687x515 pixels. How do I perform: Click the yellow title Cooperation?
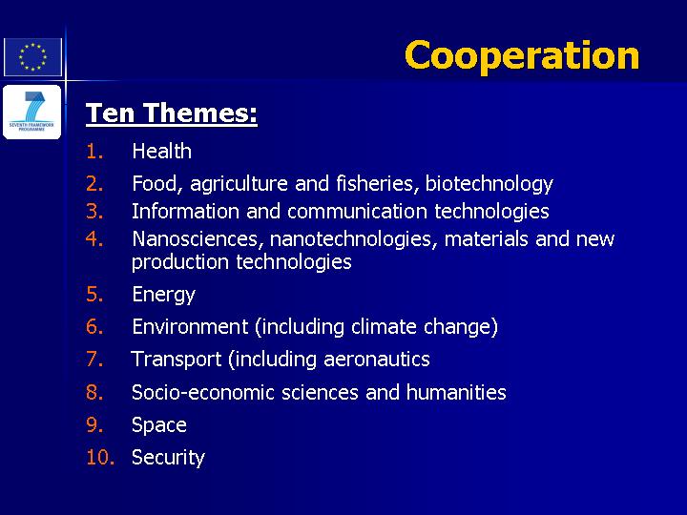522,55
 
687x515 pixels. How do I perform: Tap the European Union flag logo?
32,57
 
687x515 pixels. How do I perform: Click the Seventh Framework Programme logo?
32,112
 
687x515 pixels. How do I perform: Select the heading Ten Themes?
172,113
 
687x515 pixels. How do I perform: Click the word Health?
161,152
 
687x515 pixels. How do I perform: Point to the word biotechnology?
489,184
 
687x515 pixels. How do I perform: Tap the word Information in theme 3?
186,211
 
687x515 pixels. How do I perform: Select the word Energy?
163,295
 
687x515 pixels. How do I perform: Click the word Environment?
190,327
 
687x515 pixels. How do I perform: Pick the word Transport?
177,360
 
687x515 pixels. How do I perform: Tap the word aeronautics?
377,360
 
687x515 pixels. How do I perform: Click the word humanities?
456,392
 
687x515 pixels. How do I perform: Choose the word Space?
159,425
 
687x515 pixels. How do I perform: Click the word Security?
168,458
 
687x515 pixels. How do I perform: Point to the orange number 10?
100,458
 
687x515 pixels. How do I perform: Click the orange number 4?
94,239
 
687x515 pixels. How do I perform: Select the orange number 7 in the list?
94,360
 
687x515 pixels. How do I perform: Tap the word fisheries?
375,183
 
